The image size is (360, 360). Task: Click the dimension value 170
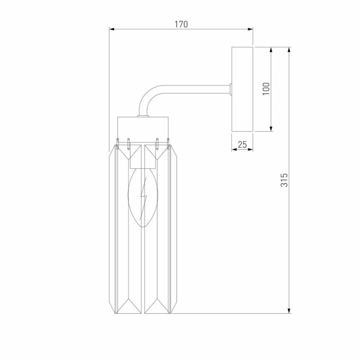pyautogui.click(x=181, y=24)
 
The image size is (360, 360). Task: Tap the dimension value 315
pyautogui.click(x=284, y=179)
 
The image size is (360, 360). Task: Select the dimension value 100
pyautogui.click(x=266, y=88)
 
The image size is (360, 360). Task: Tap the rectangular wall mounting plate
pyautogui.click(x=242, y=88)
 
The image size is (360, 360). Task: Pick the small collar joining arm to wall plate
pyautogui.click(x=231, y=89)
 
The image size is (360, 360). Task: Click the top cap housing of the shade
pyautogui.click(x=143, y=127)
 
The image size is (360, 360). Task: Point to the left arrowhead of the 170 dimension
pyautogui.click(x=112, y=29)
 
